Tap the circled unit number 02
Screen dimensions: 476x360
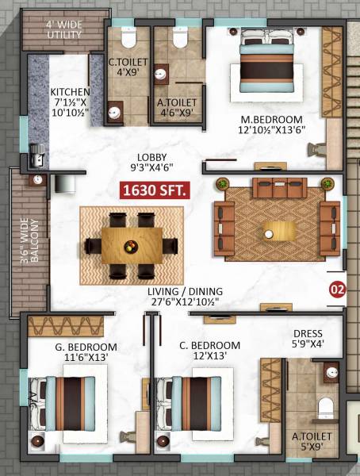[x=337, y=289]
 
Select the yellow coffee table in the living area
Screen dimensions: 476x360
[x=280, y=230]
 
